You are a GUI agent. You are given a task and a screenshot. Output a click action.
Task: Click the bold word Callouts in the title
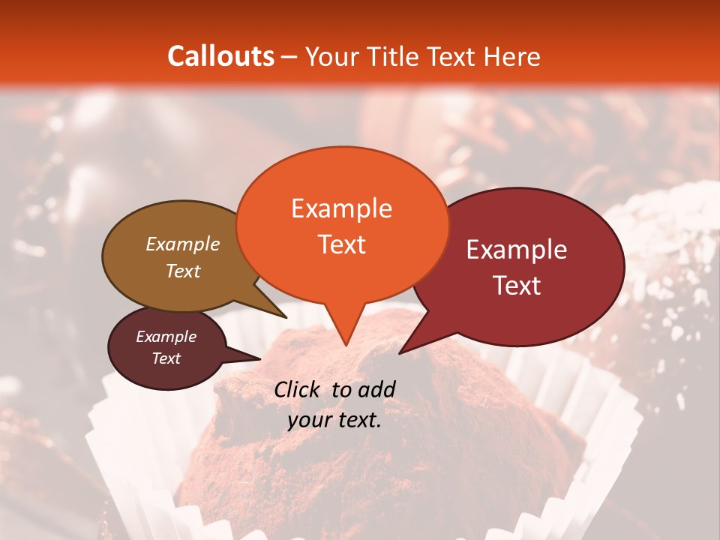click(x=220, y=56)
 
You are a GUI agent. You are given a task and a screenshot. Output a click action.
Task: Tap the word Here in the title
click(x=512, y=56)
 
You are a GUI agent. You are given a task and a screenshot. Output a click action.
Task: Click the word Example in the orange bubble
click(x=342, y=208)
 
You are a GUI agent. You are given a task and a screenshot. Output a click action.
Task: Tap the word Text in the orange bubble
click(x=342, y=244)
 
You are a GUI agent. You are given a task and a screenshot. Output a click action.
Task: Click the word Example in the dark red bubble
click(x=517, y=250)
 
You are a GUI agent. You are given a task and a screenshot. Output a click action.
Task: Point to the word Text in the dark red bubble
click(x=517, y=286)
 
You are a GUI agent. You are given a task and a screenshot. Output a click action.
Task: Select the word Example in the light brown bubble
click(x=182, y=244)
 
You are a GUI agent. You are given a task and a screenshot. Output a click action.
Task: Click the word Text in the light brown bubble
click(x=182, y=271)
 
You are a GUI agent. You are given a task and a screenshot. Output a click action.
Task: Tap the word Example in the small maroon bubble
click(x=166, y=337)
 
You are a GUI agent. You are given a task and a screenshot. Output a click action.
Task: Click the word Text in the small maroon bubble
click(x=166, y=358)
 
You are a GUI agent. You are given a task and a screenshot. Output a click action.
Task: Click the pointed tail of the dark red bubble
click(x=405, y=349)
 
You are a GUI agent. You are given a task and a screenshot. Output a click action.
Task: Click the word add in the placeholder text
click(x=376, y=389)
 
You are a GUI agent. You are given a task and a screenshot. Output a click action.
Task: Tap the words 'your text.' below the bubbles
click(x=334, y=421)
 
